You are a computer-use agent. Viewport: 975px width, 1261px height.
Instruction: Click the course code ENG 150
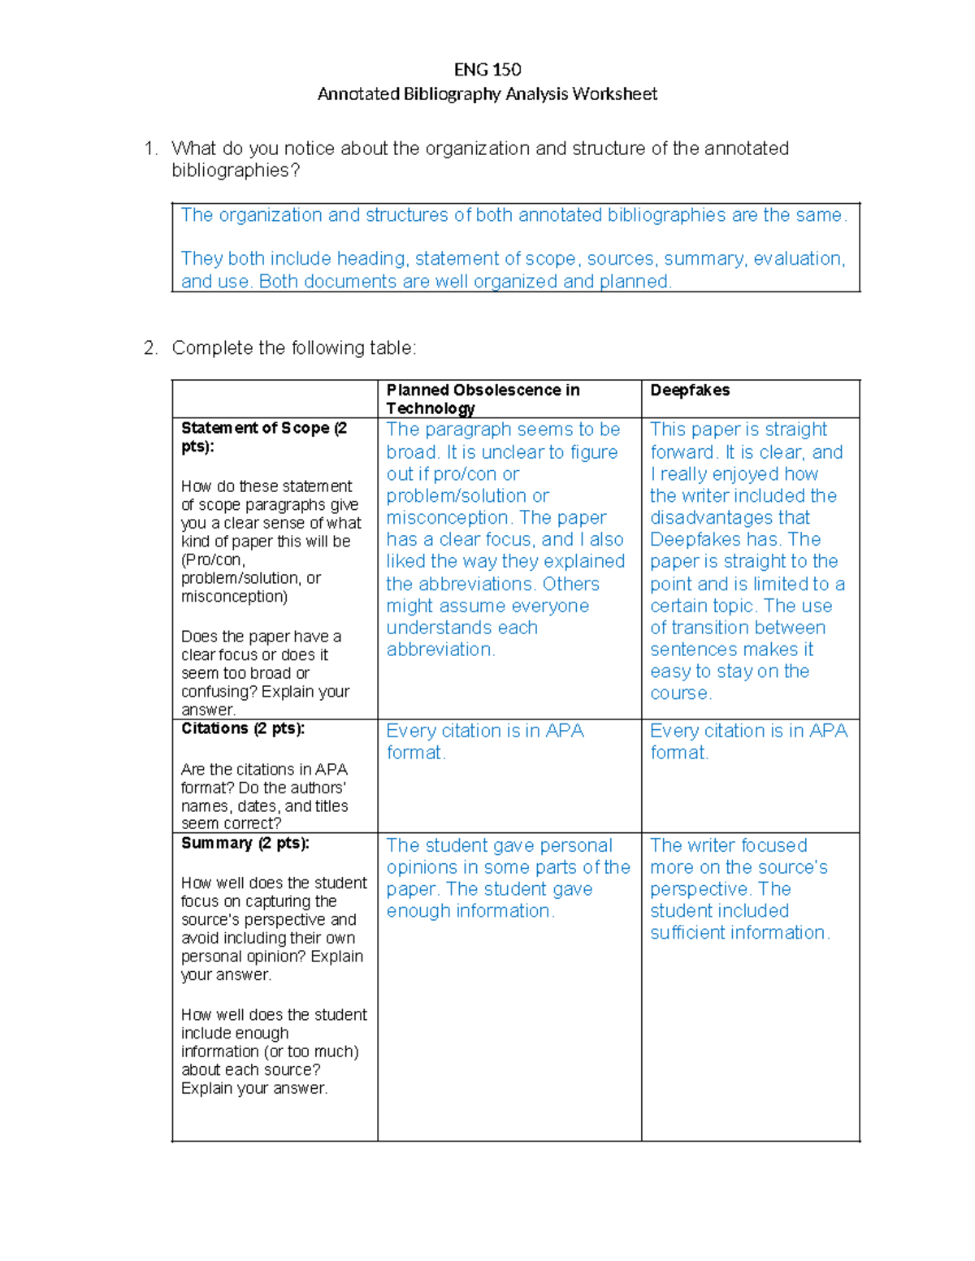tap(487, 70)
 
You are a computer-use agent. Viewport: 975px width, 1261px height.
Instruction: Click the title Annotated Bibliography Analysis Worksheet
tap(487, 94)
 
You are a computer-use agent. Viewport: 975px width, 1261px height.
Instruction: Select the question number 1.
tap(149, 149)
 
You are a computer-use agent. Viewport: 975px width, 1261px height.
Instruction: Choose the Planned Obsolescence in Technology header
tap(483, 399)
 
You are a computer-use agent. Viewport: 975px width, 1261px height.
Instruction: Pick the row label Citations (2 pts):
tap(243, 728)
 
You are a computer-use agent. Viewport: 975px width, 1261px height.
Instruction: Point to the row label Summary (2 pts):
tap(245, 844)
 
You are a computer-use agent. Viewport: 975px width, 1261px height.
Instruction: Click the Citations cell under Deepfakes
tap(749, 741)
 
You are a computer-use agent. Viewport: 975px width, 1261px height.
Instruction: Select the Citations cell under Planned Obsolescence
tap(485, 741)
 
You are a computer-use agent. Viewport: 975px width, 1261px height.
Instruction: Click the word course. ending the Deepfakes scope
tap(681, 694)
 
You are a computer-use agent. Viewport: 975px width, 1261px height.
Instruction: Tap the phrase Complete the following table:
tap(293, 348)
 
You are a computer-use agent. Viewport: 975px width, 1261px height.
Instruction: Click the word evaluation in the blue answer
tap(797, 259)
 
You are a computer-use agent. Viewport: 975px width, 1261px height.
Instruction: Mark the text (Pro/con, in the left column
tap(213, 560)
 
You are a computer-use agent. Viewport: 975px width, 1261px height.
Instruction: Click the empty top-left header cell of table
tap(275, 399)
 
